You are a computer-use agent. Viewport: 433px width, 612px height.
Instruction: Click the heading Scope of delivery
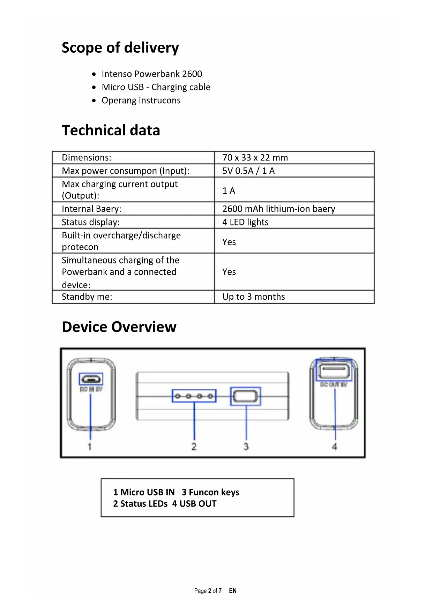pyautogui.click(x=120, y=47)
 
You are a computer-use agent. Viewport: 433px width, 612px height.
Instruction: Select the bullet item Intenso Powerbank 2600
pyautogui.click(x=152, y=74)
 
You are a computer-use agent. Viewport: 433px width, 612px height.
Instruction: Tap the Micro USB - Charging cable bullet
pyautogui.click(x=156, y=87)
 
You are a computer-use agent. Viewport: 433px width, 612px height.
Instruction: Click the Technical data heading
pyautogui.click(x=111, y=130)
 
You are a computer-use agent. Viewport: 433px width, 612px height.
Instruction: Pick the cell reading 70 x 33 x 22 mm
pyautogui.click(x=255, y=158)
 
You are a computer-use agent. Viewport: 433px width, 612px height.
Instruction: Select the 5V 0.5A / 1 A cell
pyautogui.click(x=248, y=171)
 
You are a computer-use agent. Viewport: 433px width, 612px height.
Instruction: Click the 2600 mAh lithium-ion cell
pyautogui.click(x=278, y=209)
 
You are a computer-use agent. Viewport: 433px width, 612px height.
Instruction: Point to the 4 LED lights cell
pyautogui.click(x=245, y=222)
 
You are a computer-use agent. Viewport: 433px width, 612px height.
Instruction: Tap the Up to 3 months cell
pyautogui.click(x=253, y=297)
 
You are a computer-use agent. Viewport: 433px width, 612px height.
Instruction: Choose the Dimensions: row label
pyautogui.click(x=87, y=158)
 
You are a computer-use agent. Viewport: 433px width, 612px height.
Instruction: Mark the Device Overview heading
pyautogui.click(x=119, y=327)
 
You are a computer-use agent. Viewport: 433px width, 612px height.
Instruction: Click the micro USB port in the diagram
pyautogui.click(x=91, y=379)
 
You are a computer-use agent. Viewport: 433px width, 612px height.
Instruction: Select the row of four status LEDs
pyautogui.click(x=194, y=396)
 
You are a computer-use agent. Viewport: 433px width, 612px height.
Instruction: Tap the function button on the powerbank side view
pyautogui.click(x=246, y=396)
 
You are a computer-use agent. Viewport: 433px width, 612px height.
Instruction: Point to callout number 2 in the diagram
pyautogui.click(x=194, y=447)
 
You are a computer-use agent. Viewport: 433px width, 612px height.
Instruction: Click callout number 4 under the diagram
pyautogui.click(x=335, y=447)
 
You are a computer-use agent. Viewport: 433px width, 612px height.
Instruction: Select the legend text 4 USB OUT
pyautogui.click(x=194, y=504)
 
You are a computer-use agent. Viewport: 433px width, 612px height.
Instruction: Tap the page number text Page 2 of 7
pyautogui.click(x=208, y=591)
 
